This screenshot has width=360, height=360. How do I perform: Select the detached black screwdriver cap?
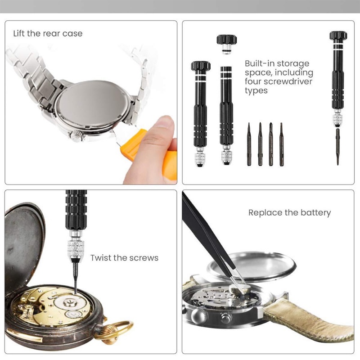(227, 44)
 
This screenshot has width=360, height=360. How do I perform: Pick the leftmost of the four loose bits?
(249, 144)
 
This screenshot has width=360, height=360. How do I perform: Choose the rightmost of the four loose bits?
(282, 144)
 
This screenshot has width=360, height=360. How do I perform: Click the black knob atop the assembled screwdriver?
(338, 36)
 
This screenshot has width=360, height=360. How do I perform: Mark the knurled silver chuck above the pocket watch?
(76, 249)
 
